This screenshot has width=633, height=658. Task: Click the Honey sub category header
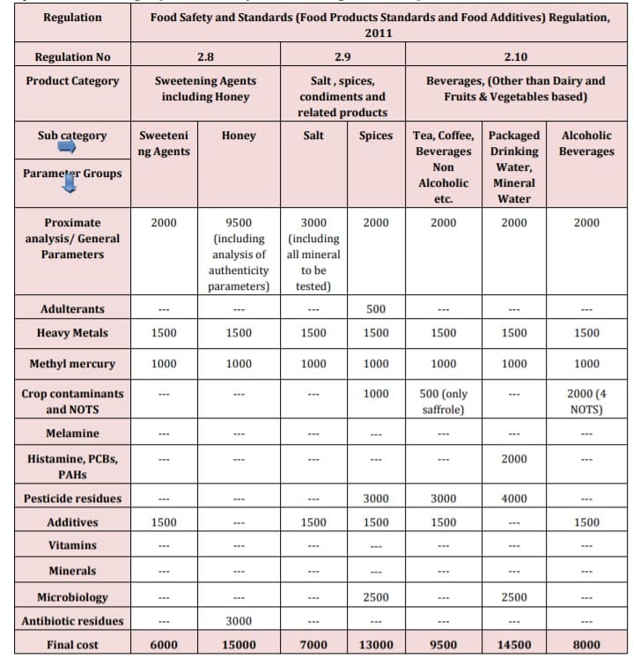point(238,136)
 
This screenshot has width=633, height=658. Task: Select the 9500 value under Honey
point(238,223)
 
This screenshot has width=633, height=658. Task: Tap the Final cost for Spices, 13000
point(376,645)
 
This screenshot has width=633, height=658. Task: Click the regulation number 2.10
point(515,57)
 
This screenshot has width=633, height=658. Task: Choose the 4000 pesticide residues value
point(513,499)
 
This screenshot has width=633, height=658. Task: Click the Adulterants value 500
point(376,309)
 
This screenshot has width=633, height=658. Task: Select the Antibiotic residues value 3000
point(238,621)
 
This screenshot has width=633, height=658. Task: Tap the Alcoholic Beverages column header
point(586,144)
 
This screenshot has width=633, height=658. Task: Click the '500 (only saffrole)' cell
point(443,402)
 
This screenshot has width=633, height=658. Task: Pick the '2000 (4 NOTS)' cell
point(586,402)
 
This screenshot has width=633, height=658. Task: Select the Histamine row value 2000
point(513,459)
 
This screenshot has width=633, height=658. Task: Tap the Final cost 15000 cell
point(238,645)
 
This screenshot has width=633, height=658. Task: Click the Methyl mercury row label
point(72,364)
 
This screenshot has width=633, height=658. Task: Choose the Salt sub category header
point(313,136)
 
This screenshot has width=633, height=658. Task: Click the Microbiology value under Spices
point(376,597)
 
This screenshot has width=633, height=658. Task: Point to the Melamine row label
point(72,433)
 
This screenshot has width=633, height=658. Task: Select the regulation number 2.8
point(205,57)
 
